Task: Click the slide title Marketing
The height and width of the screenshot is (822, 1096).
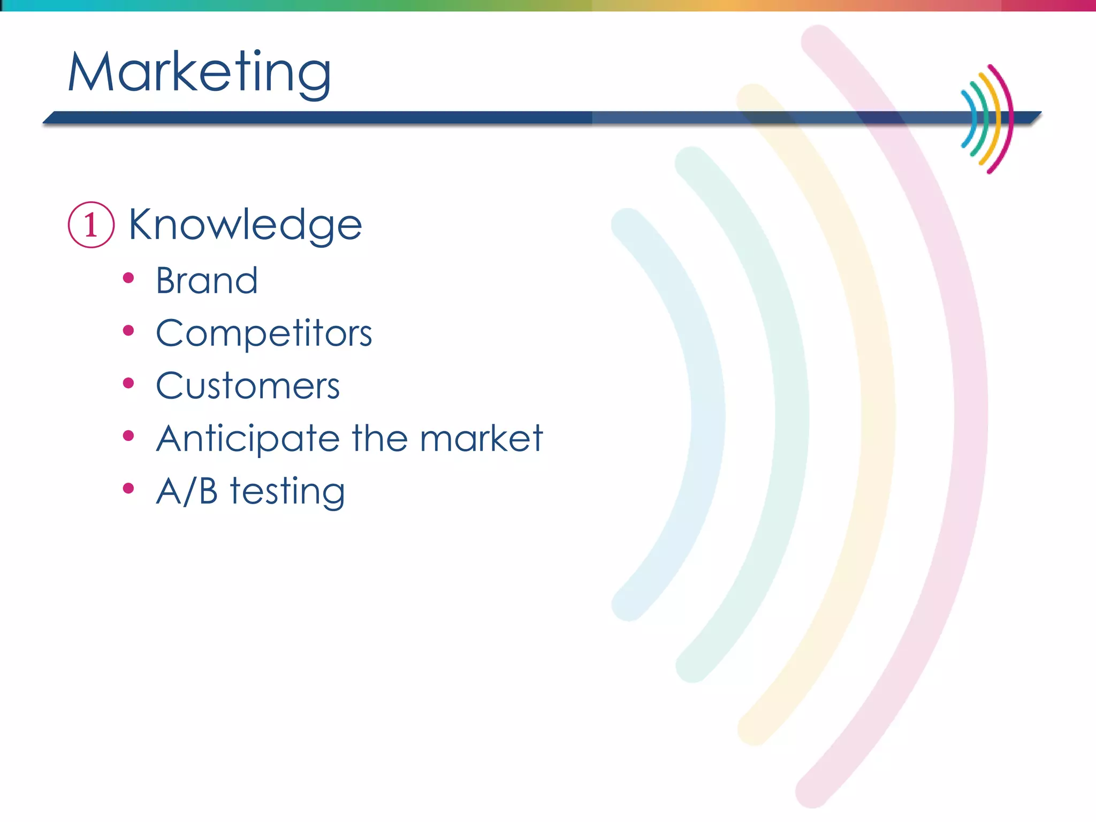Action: (199, 72)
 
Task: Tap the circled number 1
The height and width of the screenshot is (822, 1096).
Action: (91, 225)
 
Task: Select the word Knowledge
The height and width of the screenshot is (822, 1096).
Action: (245, 225)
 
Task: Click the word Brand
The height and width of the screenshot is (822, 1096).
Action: (207, 280)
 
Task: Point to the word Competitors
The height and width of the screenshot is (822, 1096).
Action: (264, 333)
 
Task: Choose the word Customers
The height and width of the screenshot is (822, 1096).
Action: (248, 386)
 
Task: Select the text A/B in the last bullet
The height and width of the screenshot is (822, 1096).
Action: (187, 491)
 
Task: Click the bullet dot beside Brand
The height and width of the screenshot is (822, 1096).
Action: (128, 278)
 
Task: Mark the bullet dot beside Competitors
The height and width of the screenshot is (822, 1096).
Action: (128, 331)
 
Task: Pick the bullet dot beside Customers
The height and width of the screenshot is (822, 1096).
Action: (128, 383)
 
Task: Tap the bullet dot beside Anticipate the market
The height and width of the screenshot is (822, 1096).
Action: (128, 436)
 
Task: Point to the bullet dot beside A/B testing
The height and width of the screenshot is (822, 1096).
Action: (128, 488)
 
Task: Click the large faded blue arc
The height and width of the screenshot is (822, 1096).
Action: (707, 415)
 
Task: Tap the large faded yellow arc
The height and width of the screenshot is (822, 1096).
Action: (878, 415)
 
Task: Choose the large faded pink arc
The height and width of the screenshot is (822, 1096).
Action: (970, 415)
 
